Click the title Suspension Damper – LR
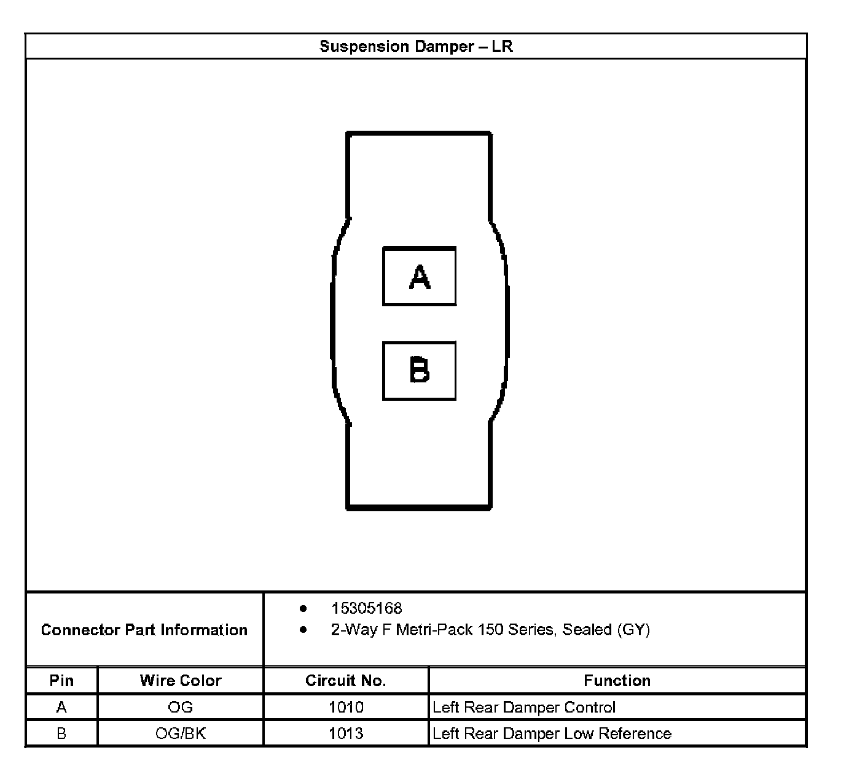click(x=416, y=47)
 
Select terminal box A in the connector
click(x=419, y=276)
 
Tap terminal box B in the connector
click(x=419, y=371)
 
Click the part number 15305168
click(x=366, y=608)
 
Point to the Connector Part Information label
click(x=144, y=630)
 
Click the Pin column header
click(x=61, y=681)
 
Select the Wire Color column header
click(x=180, y=681)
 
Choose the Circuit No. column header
click(x=345, y=681)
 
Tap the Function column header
click(x=617, y=681)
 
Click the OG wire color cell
click(x=180, y=707)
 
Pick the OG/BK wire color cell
click(x=180, y=733)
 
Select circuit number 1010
click(x=346, y=707)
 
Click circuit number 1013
click(x=346, y=733)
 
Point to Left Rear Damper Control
click(x=523, y=707)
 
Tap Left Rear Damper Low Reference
click(x=552, y=733)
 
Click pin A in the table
click(x=61, y=707)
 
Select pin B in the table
click(x=61, y=733)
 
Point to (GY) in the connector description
click(x=633, y=630)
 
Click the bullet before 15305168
click(x=303, y=608)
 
